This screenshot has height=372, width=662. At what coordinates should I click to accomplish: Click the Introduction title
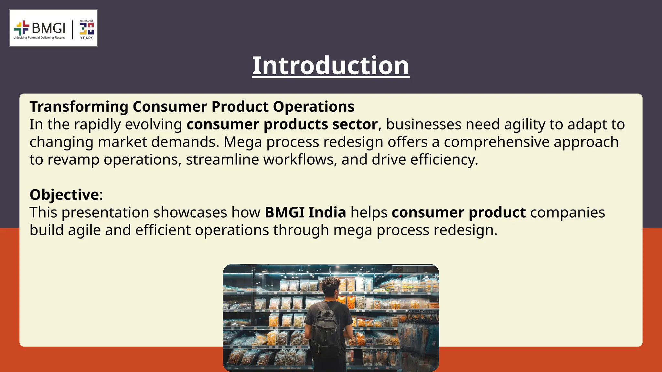[x=331, y=66]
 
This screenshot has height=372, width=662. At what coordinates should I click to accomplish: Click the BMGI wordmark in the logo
[x=48, y=28]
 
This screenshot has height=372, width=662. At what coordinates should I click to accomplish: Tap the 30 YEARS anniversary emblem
[x=87, y=30]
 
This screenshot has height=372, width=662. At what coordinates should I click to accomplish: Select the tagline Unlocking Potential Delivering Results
[x=39, y=38]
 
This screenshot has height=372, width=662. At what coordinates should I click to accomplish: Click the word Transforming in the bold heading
[x=79, y=107]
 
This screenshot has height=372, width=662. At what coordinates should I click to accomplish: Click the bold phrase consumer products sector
[x=282, y=125]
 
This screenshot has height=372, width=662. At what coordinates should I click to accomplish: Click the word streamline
[x=222, y=160]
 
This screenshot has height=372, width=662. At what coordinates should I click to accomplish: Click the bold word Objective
[x=64, y=195]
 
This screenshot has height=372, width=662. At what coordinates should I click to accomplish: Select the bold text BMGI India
[x=305, y=213]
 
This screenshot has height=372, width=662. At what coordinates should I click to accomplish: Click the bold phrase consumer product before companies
[x=458, y=213]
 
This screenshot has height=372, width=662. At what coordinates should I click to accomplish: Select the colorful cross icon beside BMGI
[x=21, y=28]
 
